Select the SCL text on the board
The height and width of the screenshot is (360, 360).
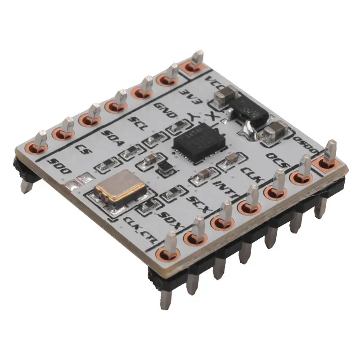(138, 122)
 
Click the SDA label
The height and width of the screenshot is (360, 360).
(110, 136)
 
